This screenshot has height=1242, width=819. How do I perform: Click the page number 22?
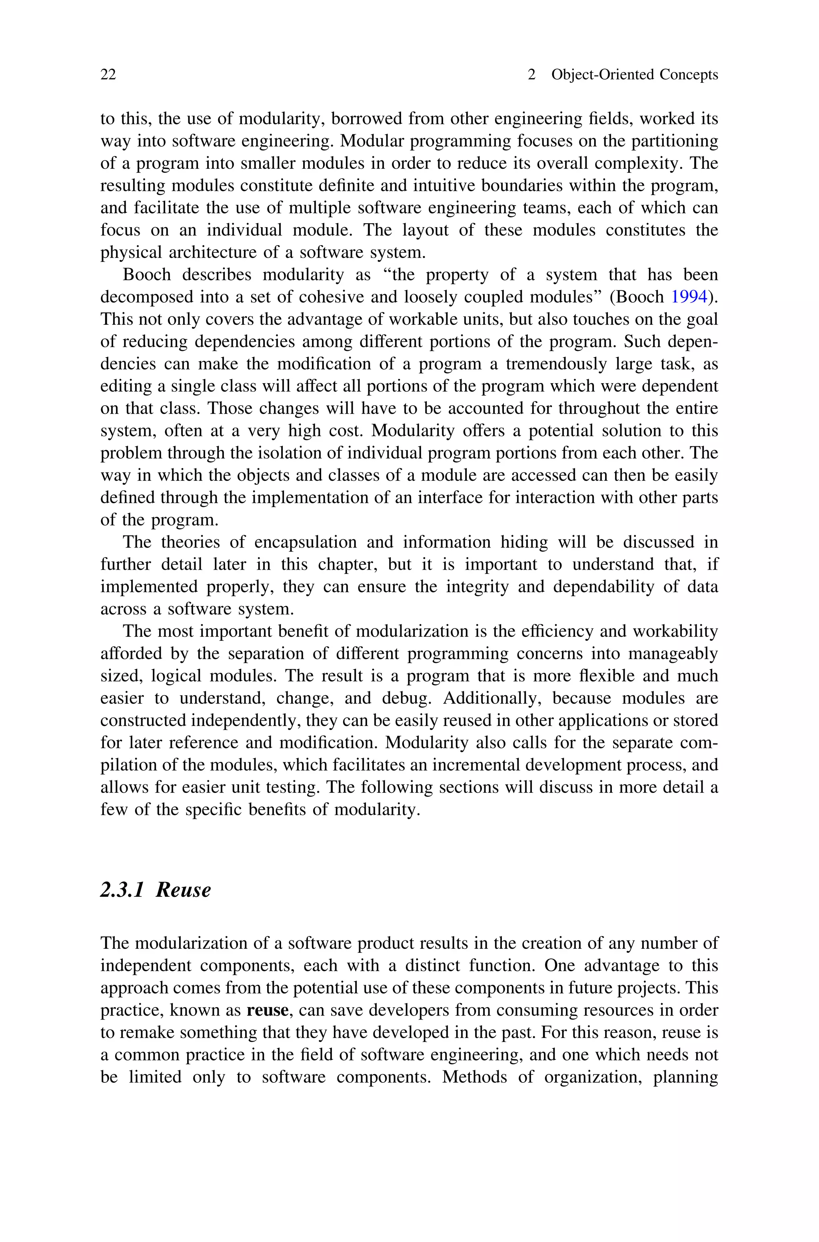(108, 75)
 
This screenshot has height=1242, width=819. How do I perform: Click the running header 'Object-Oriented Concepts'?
(635, 75)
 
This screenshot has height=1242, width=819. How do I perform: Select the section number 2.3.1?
(122, 890)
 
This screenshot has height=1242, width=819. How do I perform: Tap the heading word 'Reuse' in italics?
(183, 890)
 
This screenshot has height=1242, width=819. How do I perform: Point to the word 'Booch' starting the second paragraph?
(147, 275)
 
